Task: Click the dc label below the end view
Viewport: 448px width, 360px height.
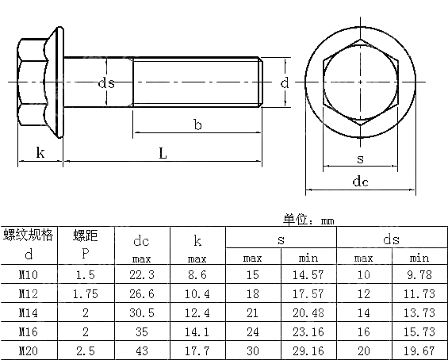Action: (360, 182)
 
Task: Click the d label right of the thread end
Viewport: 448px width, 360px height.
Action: (283, 82)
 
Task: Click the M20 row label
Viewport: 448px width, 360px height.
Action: (29, 350)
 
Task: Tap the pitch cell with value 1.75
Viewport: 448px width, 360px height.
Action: (86, 293)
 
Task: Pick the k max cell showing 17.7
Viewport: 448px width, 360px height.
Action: (197, 350)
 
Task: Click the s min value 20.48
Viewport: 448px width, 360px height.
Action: (308, 312)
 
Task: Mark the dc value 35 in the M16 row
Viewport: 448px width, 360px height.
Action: (142, 331)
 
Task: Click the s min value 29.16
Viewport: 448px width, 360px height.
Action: (308, 350)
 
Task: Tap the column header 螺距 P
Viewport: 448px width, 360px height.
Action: (86, 244)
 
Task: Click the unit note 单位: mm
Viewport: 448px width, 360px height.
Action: (309, 220)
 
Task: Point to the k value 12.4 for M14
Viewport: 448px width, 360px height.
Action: (197, 312)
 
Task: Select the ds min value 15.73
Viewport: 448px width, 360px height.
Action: (419, 331)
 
